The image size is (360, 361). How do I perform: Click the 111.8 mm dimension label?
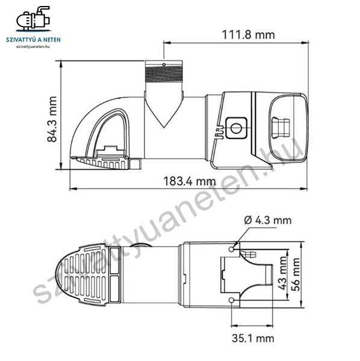click(x=248, y=35)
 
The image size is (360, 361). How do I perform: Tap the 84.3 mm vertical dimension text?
click(x=52, y=119)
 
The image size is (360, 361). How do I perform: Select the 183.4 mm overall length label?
click(x=189, y=181)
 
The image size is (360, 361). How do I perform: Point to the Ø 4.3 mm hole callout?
click(x=268, y=220)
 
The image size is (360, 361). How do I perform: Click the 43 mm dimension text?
click(x=283, y=273)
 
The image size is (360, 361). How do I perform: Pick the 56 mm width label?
click(x=296, y=274)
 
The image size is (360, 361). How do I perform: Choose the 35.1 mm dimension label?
click(x=253, y=338)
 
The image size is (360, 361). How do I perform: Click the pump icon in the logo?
click(x=33, y=19)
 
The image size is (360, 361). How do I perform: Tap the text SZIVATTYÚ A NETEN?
click(x=33, y=40)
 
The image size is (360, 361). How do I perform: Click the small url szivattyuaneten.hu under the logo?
click(x=33, y=46)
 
